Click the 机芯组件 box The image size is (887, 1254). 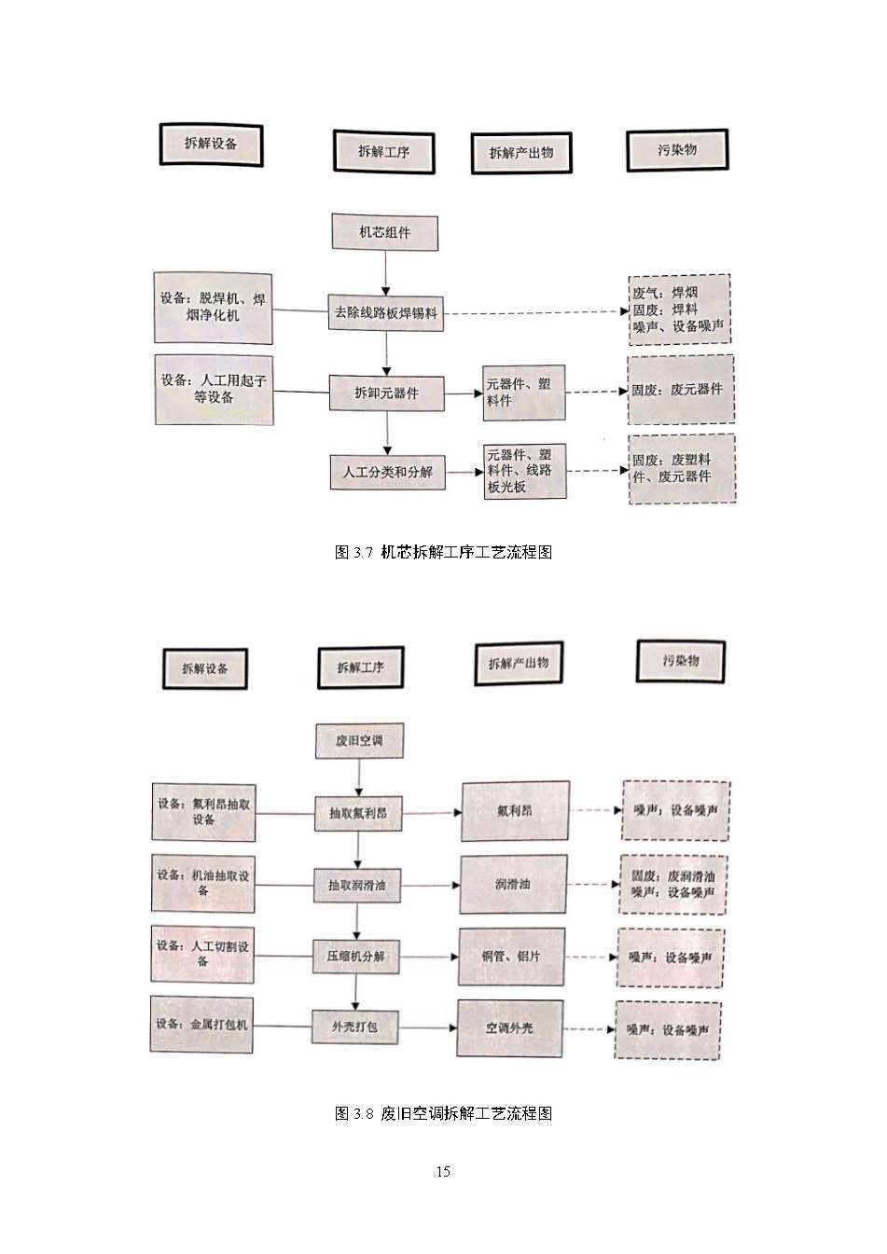[x=385, y=232]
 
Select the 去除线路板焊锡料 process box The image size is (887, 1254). [x=385, y=313]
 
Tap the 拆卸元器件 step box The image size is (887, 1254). [x=386, y=393]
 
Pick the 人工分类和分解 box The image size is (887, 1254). [x=386, y=472]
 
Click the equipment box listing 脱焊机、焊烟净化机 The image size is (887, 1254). [x=213, y=308]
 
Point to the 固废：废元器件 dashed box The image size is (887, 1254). [x=681, y=390]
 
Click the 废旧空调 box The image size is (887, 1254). [x=358, y=742]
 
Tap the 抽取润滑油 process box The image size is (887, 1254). [x=357, y=885]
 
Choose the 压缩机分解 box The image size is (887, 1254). [x=355, y=957]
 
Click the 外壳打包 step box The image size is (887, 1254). [x=354, y=1027]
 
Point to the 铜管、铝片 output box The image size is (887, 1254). [x=511, y=957]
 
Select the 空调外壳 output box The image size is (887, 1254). [x=509, y=1028]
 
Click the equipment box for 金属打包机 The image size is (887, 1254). [x=201, y=1025]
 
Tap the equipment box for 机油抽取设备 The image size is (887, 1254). [x=203, y=883]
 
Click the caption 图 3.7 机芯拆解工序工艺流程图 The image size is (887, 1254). [x=443, y=552]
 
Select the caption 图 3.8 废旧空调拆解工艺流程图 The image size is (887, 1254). [x=443, y=1113]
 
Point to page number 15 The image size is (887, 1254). [x=443, y=1172]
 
